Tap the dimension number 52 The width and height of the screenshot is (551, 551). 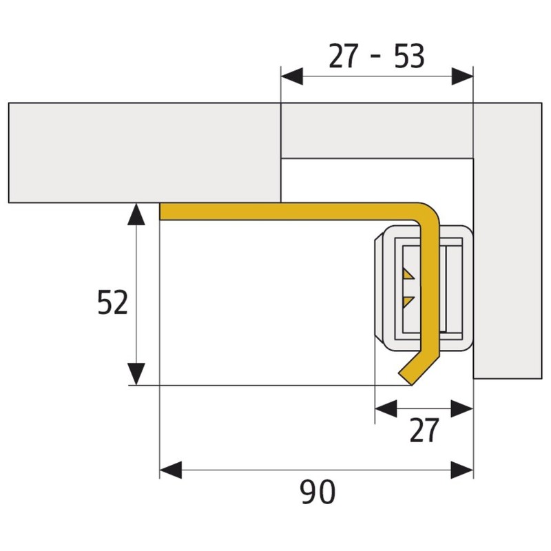pos(113,303)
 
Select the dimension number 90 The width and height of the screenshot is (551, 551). pos(318,492)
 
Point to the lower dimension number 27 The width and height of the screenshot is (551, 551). pos(424,431)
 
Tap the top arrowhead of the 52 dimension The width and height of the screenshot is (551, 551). pos(137,214)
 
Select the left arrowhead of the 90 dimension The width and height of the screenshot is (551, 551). pos(170,470)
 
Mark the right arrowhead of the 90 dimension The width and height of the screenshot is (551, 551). pos(463,470)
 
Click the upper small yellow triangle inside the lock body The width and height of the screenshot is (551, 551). pos(408,275)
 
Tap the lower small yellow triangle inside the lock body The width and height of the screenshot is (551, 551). pos(408,301)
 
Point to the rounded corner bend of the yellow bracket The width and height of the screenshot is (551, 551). pos(428,213)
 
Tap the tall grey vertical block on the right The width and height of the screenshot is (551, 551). pos(508,241)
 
